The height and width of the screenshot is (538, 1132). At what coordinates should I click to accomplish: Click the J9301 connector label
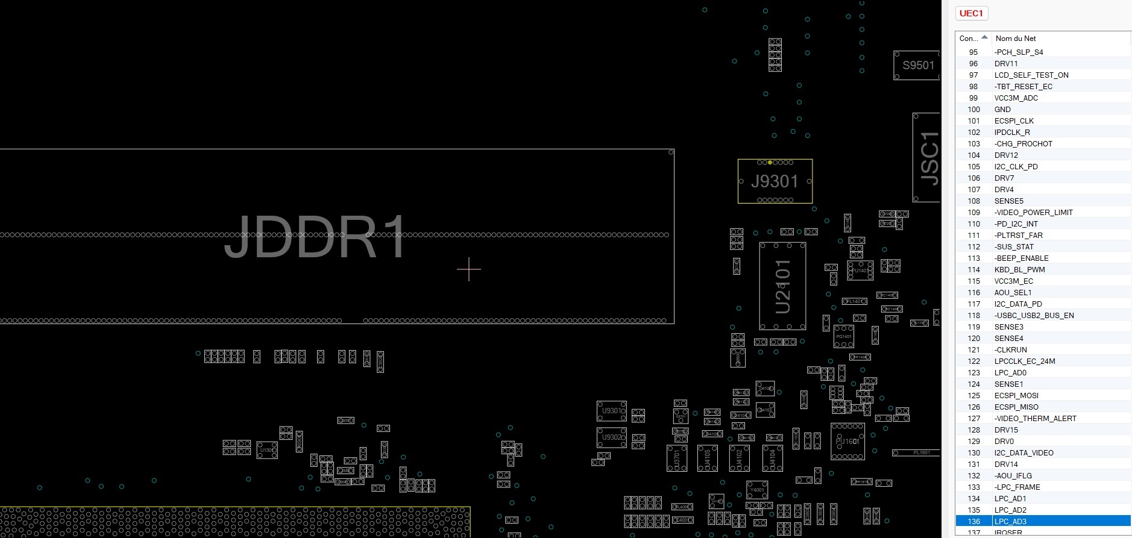775,181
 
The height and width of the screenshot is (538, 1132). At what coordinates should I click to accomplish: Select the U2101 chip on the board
782,286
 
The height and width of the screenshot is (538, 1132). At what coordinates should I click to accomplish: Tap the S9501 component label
917,65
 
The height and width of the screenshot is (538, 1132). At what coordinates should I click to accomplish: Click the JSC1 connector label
929,158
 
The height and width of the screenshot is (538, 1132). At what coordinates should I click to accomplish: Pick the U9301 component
611,411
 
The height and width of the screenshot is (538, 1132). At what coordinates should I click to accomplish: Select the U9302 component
611,437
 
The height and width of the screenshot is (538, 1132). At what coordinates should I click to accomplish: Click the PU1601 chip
847,442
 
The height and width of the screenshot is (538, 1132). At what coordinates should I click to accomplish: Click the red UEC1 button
971,13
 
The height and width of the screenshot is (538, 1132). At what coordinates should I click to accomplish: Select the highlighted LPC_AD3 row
1010,521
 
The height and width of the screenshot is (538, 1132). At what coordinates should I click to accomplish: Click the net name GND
1002,109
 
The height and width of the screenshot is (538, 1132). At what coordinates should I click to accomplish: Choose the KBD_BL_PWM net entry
1019,269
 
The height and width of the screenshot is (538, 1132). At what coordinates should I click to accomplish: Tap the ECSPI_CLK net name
1014,120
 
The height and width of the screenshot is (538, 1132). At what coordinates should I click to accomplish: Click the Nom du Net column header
1016,38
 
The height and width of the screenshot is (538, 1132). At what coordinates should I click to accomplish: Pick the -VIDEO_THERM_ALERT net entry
1035,418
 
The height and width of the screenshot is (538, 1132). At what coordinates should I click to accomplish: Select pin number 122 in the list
973,361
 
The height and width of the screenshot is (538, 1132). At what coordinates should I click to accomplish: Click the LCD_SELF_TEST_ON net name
1031,75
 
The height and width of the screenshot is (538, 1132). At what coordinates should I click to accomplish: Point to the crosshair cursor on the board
469,269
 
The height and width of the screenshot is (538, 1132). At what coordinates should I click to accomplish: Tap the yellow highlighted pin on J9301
770,162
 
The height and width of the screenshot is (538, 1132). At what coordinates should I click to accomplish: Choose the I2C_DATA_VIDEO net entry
1024,452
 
